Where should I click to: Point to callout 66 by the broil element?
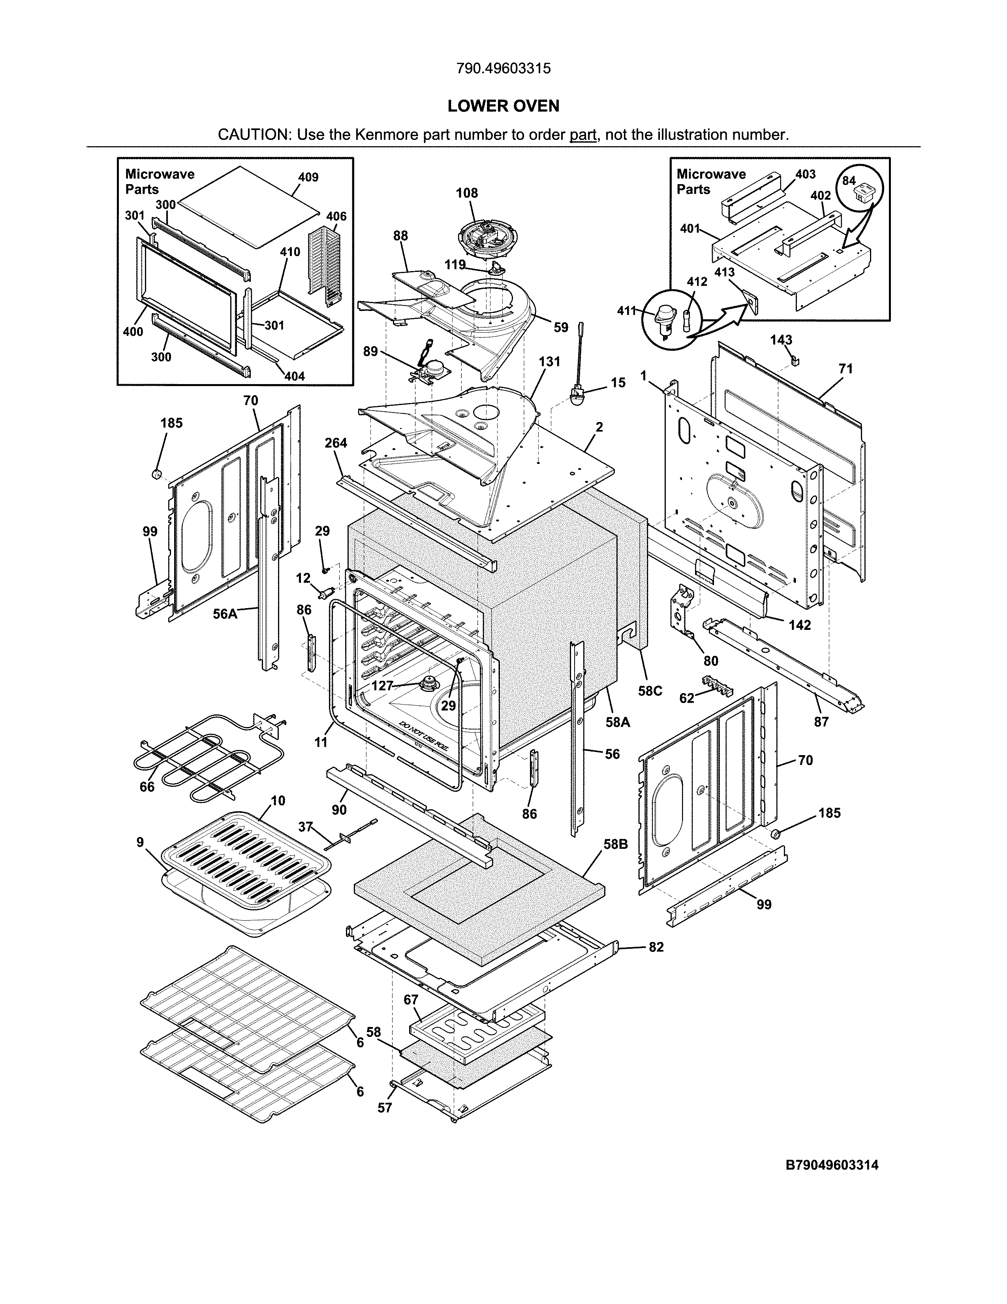(147, 787)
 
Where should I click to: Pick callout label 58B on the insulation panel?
(615, 845)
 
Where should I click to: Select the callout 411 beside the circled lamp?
(626, 311)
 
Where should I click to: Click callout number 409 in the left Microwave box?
(308, 177)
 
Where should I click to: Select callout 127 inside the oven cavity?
(382, 686)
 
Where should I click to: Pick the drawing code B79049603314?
(832, 1165)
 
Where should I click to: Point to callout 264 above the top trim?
(336, 443)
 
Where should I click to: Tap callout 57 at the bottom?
(385, 1108)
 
